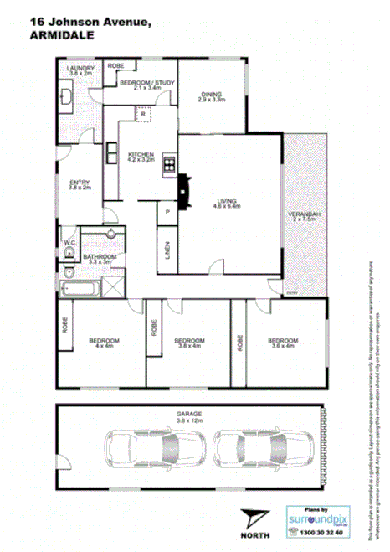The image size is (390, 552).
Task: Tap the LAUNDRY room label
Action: pyautogui.click(x=81, y=68)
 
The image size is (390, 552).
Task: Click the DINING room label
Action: pyautogui.click(x=212, y=94)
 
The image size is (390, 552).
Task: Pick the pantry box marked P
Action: pyautogui.click(x=167, y=214)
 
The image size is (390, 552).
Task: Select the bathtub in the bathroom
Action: pyautogui.click(x=81, y=290)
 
